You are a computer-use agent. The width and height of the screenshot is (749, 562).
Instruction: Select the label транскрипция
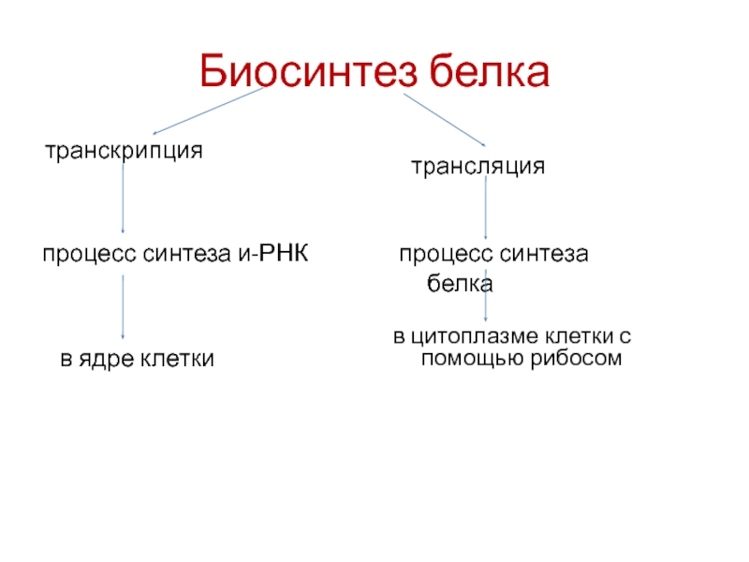(x=125, y=150)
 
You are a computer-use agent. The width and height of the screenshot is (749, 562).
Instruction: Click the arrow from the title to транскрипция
(x=209, y=111)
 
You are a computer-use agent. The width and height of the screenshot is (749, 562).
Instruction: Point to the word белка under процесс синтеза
(x=461, y=281)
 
